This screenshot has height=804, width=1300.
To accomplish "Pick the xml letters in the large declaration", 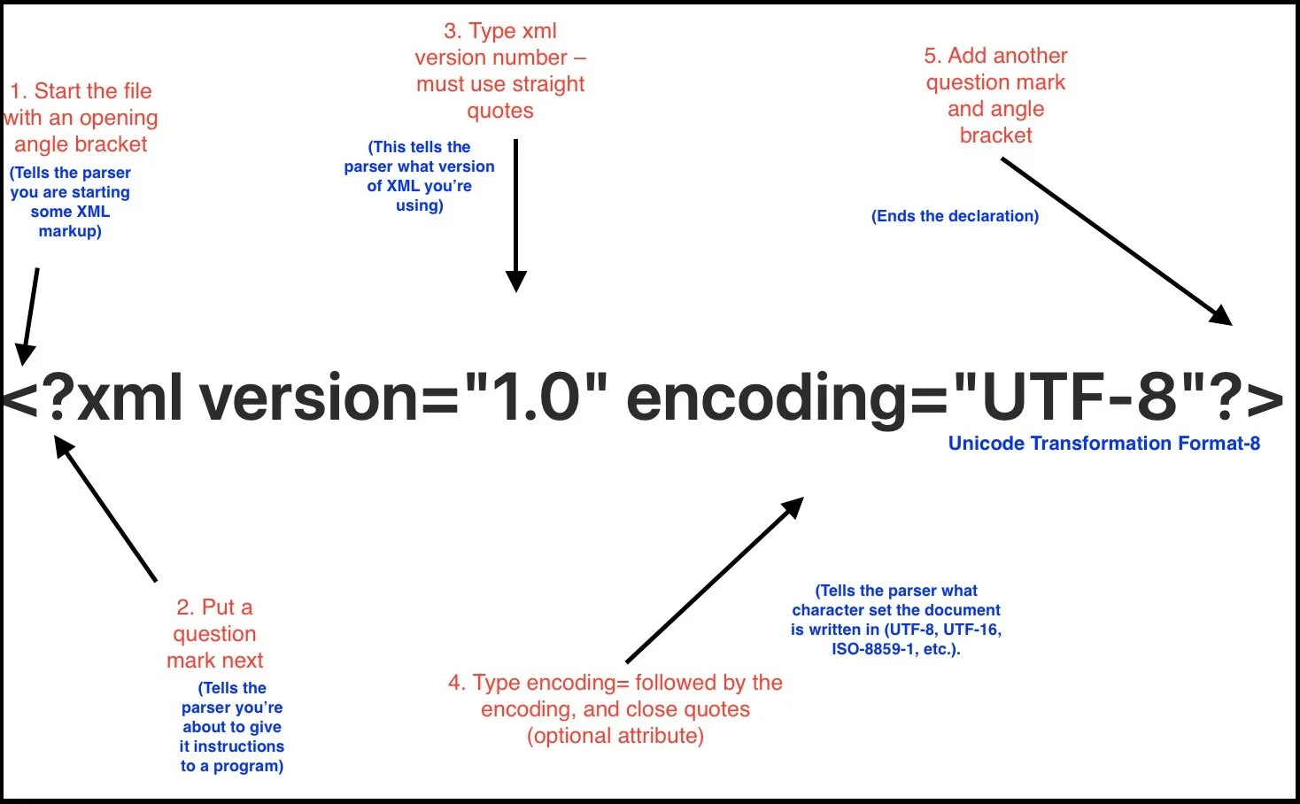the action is pyautogui.click(x=129, y=398).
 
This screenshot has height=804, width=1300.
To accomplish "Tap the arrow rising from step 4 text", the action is pyautogui.click(x=714, y=579).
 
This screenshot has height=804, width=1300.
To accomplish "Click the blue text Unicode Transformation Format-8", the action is pyautogui.click(x=1103, y=444).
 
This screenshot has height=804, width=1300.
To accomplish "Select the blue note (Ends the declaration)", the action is pyautogui.click(x=955, y=216).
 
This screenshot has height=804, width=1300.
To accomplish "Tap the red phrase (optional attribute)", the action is pyautogui.click(x=615, y=736).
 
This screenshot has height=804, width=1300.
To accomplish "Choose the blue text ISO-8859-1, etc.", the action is pyautogui.click(x=895, y=649).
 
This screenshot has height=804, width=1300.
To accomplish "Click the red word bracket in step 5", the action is pyautogui.click(x=995, y=135).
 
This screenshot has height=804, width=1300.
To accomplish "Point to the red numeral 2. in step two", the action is pyautogui.click(x=185, y=607).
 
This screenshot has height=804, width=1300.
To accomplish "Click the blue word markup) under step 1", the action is pyautogui.click(x=70, y=231).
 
